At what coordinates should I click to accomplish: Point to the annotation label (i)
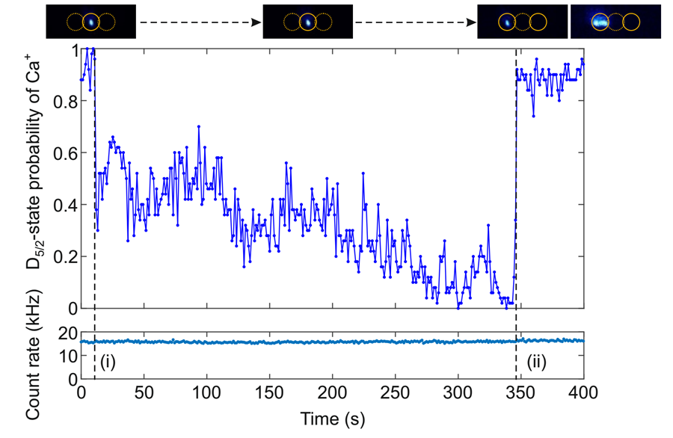click(x=108, y=364)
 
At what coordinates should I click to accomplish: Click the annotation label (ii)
click(x=538, y=364)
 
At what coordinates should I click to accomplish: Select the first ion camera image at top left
click(x=91, y=22)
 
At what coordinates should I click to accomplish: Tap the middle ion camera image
click(x=307, y=22)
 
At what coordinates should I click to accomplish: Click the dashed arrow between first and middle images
click(x=200, y=22)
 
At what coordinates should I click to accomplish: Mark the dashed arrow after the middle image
click(x=414, y=22)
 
